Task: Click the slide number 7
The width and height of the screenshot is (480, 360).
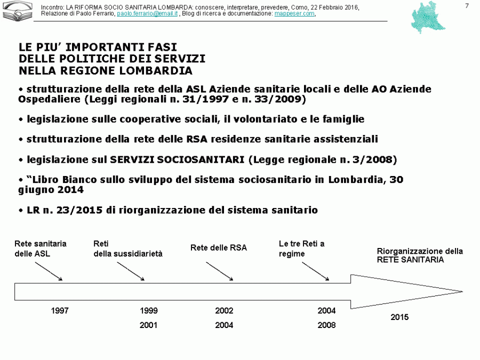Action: pos(467,6)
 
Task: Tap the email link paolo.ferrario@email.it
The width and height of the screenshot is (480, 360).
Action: pos(147,14)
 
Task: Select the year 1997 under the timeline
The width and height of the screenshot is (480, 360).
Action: pos(60,311)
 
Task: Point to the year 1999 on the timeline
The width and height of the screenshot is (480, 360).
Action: pos(149,311)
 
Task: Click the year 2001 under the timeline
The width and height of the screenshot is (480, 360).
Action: pos(149,325)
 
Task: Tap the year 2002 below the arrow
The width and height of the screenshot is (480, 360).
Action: pos(224,311)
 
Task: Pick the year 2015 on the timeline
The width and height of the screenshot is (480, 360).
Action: pos(399,317)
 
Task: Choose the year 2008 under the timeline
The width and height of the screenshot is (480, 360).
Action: pos(327,325)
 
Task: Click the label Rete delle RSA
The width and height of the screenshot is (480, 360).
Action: pos(219,248)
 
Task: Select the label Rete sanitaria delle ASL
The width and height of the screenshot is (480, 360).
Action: pos(41,249)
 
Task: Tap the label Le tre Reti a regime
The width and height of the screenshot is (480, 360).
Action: pos(301,249)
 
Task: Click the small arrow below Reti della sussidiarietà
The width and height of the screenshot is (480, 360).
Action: pos(131,270)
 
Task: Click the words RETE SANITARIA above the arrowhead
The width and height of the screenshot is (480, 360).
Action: pos(410,260)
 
